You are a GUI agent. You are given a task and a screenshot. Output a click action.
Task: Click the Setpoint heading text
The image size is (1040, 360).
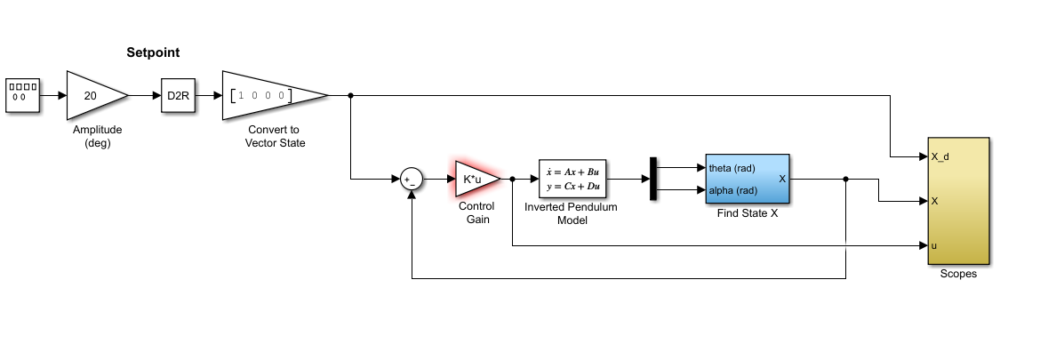point(153,53)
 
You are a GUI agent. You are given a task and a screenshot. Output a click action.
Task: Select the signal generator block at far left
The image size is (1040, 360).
point(23,95)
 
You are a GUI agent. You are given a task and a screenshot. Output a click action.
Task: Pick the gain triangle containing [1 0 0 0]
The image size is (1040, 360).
point(267,95)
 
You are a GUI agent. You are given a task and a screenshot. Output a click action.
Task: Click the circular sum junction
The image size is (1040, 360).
point(410,180)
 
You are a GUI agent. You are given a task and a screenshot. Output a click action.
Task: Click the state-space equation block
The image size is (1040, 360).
point(570,180)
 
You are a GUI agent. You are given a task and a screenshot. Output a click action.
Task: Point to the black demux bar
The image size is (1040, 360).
point(652,180)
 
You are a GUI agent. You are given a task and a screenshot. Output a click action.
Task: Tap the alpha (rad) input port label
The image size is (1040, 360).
point(732,190)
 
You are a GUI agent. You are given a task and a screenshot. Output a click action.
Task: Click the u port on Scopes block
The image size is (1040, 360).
point(934,245)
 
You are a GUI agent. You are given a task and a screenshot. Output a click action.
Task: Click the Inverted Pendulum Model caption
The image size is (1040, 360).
point(570,213)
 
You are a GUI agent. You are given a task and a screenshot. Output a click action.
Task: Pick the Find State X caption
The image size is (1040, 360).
point(747,213)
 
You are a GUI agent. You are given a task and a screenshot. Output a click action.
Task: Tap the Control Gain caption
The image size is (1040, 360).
point(476,212)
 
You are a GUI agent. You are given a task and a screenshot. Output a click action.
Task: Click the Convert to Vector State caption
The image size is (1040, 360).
point(275,136)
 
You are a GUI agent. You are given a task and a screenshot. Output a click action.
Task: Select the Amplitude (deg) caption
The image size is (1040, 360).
point(97,136)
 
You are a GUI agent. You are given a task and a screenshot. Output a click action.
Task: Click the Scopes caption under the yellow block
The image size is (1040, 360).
point(958,274)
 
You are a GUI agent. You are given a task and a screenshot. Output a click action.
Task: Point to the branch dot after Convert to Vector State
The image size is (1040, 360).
point(351,95)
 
